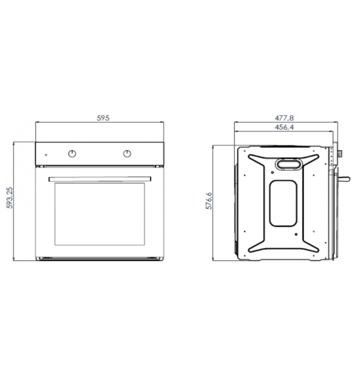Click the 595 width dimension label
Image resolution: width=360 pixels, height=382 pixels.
103,118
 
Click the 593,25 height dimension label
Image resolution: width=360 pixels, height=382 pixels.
9,198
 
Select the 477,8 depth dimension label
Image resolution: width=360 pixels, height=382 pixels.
284,118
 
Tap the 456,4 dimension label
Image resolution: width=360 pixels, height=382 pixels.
284,127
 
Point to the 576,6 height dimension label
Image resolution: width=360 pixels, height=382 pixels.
209,201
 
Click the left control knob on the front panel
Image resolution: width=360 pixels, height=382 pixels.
72,154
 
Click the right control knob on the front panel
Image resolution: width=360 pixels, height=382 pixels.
127,154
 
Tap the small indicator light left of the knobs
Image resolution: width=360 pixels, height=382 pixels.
46,155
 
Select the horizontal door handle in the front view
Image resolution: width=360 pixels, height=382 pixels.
100,179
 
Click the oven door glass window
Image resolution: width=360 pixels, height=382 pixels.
100,214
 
